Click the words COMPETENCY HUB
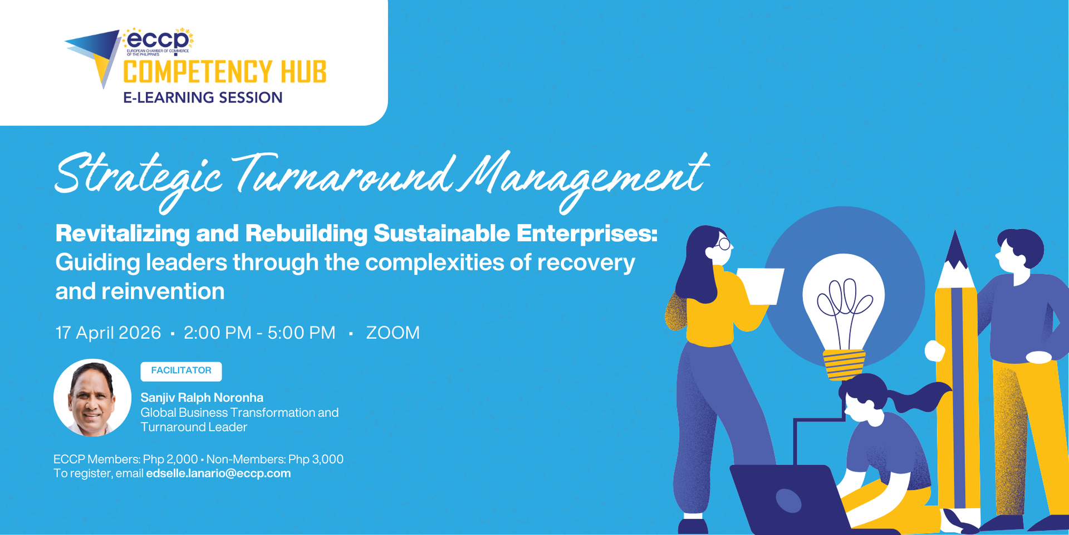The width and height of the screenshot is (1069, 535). [224, 72]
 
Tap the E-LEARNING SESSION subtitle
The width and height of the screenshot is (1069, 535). [203, 98]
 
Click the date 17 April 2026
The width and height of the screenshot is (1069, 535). [108, 333]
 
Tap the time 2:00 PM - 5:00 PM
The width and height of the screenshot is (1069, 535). [259, 333]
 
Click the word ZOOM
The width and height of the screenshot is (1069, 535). [393, 333]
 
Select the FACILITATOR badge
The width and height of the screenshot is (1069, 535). [181, 371]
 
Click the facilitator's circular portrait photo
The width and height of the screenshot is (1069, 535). [92, 397]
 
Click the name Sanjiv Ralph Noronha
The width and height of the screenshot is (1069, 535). [202, 397]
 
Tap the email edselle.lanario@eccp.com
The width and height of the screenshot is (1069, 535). [218, 474]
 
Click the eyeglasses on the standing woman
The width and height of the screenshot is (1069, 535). [724, 244]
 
